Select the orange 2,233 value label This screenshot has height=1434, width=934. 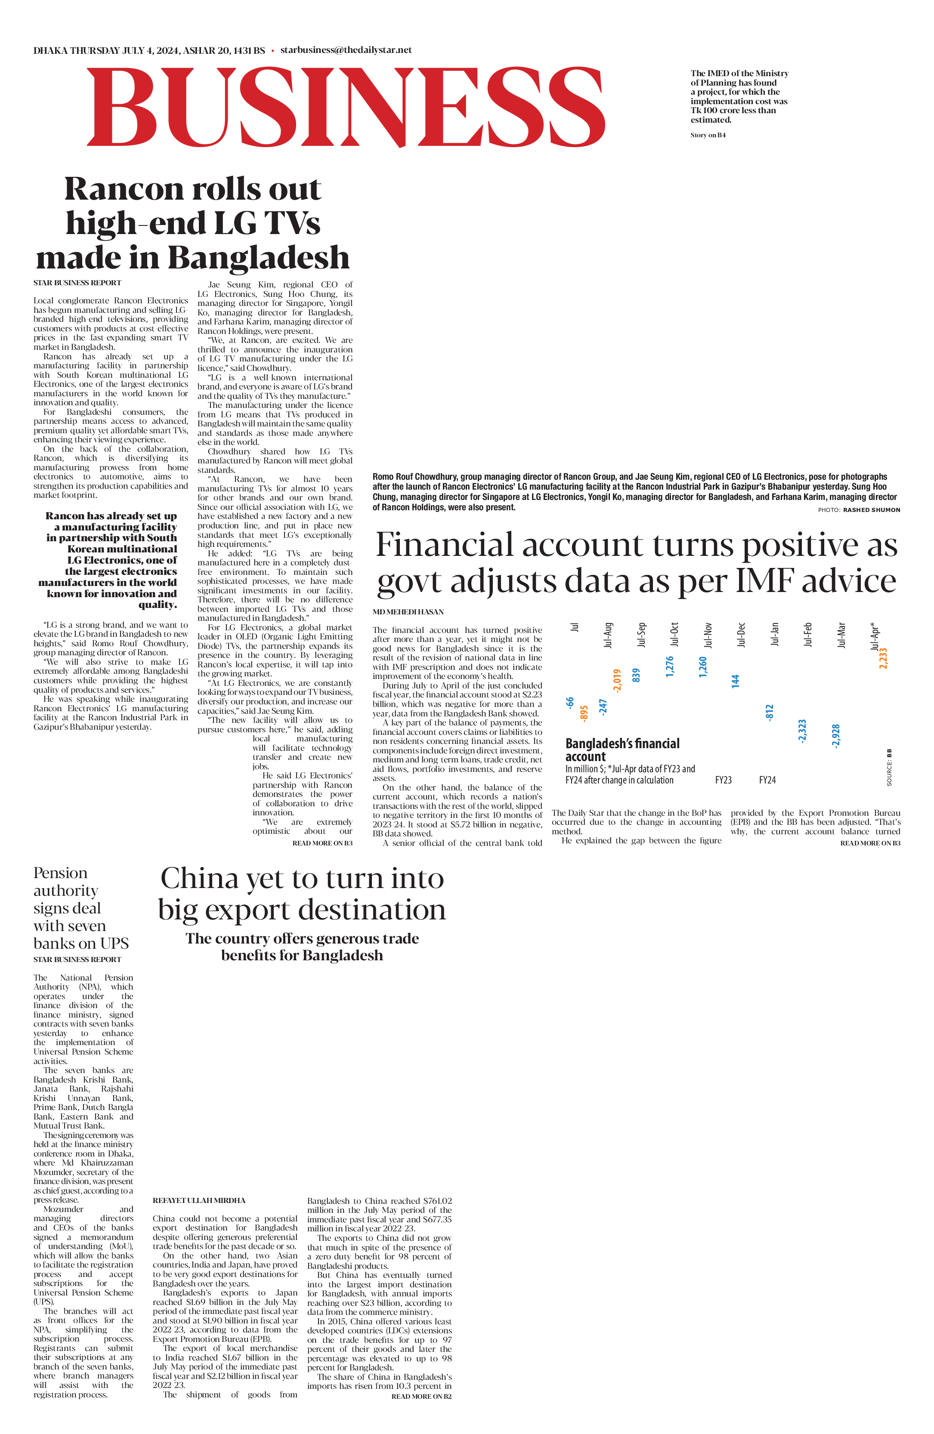click(883, 658)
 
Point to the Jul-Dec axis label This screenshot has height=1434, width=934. click(741, 635)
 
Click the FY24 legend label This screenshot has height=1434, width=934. click(767, 780)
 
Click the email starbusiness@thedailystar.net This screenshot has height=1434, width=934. click(346, 50)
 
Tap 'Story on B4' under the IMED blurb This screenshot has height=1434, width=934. click(708, 135)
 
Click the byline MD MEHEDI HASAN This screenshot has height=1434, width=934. click(408, 611)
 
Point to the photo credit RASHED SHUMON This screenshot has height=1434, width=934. click(871, 510)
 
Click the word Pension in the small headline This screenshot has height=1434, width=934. click(60, 873)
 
